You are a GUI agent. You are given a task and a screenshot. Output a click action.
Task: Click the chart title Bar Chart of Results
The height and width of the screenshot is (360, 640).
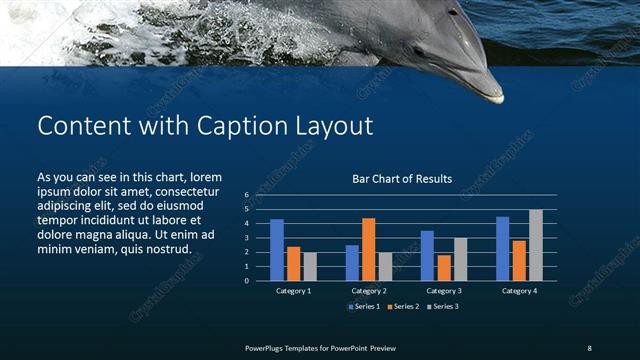[402, 179]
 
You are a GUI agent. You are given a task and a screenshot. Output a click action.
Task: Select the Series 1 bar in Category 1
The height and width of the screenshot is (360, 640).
[277, 250]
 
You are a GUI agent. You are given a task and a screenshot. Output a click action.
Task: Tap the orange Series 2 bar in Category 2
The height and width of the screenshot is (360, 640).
[368, 249]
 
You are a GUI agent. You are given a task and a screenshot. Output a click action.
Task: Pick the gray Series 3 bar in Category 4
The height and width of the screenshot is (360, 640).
[536, 245]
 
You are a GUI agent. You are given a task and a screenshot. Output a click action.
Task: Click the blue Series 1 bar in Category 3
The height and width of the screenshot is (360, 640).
[427, 256]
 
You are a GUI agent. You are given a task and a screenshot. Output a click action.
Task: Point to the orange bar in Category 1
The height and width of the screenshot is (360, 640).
[293, 263]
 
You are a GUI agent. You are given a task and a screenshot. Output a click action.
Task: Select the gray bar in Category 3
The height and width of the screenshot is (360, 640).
[460, 259]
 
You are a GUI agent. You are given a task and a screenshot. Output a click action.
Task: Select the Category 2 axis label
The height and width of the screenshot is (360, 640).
[369, 290]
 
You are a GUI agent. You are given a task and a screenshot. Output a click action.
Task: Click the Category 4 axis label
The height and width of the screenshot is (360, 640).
[519, 290]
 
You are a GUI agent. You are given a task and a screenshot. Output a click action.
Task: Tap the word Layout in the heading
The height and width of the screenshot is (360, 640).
[331, 126]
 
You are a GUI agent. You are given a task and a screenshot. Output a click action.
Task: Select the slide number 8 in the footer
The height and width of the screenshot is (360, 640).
[589, 347]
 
